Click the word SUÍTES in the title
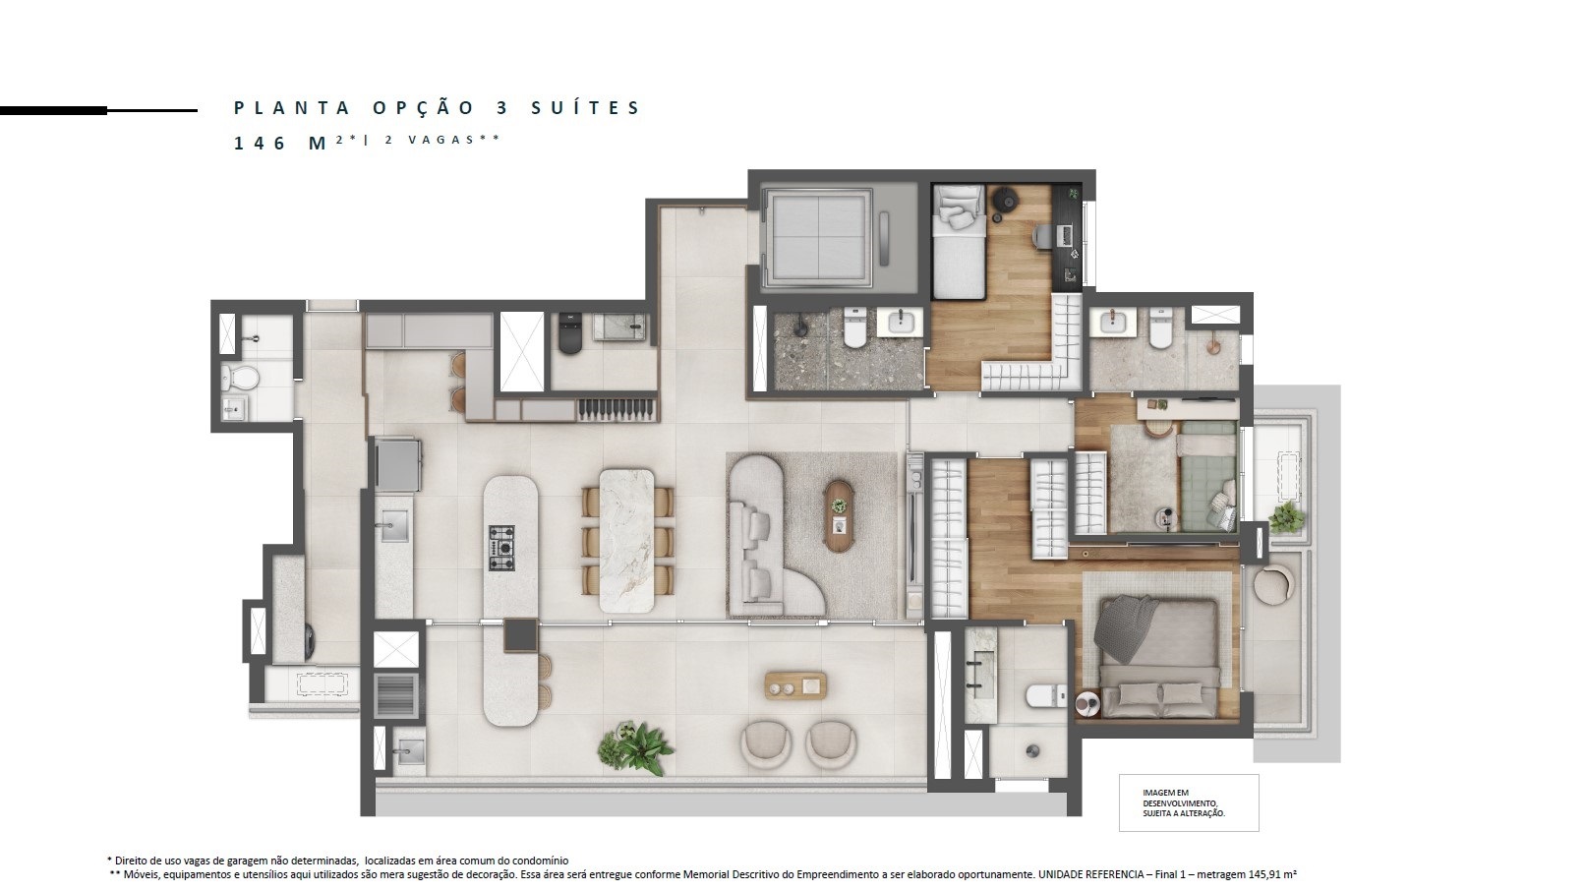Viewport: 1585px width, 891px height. click(x=585, y=107)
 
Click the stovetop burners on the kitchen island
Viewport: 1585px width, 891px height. click(x=501, y=548)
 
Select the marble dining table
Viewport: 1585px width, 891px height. click(x=627, y=540)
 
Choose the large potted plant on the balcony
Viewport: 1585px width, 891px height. click(x=635, y=748)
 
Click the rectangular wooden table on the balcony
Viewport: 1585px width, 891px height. click(x=795, y=685)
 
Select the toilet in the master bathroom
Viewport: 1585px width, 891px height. click(x=1046, y=696)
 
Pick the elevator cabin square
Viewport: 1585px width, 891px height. click(x=818, y=237)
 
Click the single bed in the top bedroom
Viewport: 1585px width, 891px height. click(x=959, y=242)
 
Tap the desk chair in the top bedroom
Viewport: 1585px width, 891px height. click(x=1042, y=236)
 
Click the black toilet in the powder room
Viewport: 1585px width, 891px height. click(x=569, y=335)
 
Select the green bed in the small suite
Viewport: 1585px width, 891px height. click(x=1207, y=475)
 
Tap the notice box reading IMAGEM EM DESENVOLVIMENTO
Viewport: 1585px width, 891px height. click(x=1189, y=802)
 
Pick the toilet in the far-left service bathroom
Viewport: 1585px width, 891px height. click(x=240, y=378)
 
